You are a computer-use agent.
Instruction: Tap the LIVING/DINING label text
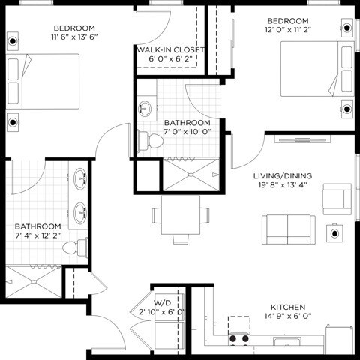(x=282, y=175)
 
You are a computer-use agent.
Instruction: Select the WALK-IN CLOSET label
(x=169, y=50)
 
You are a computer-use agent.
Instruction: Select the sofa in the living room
(x=288, y=227)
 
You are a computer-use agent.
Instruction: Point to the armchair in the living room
(x=336, y=198)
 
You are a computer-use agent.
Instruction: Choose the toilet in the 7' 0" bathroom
(x=145, y=139)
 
